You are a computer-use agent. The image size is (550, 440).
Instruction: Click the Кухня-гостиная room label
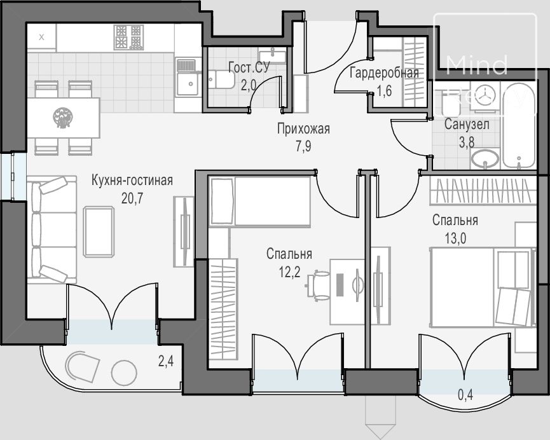[132, 181]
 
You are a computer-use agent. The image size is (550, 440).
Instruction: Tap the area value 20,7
[132, 198]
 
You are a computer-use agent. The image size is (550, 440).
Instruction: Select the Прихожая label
[303, 129]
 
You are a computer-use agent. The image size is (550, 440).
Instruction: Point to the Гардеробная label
[385, 72]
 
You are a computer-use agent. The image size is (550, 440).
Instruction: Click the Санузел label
[467, 124]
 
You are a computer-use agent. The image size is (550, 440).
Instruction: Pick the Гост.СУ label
[249, 67]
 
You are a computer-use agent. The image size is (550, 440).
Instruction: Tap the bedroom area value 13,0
[456, 238]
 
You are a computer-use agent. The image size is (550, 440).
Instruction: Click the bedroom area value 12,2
[290, 272]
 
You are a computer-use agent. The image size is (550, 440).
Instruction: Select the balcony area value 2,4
[165, 361]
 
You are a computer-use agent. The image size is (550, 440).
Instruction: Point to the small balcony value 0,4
[465, 395]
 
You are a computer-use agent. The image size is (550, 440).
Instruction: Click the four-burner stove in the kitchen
[128, 37]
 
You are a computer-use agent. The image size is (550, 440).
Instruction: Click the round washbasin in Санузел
[485, 158]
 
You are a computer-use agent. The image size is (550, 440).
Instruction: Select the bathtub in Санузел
[519, 126]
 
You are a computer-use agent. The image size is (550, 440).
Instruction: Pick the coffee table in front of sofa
[99, 231]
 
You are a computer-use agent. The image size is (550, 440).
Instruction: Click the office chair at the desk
[319, 285]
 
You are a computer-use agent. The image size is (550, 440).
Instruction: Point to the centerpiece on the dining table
[63, 118]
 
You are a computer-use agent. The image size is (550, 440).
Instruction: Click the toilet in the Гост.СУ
[221, 79]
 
